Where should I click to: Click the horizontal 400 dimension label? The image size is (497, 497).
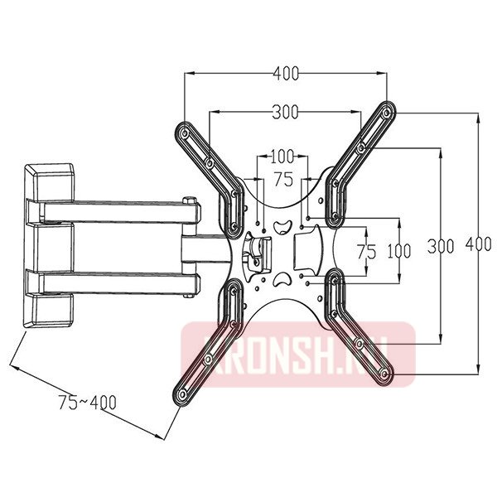(285, 74)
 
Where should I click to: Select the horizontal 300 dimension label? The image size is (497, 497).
(285, 112)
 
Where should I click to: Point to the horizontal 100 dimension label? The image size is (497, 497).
(282, 156)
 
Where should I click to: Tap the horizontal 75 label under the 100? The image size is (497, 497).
(282, 178)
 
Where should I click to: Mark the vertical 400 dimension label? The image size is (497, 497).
(479, 244)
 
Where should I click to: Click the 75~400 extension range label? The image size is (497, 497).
(87, 403)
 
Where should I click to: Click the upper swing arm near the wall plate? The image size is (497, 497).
(116, 212)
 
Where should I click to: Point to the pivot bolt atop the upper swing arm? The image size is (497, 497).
(191, 200)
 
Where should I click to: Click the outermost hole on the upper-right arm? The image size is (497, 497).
(386, 111)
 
